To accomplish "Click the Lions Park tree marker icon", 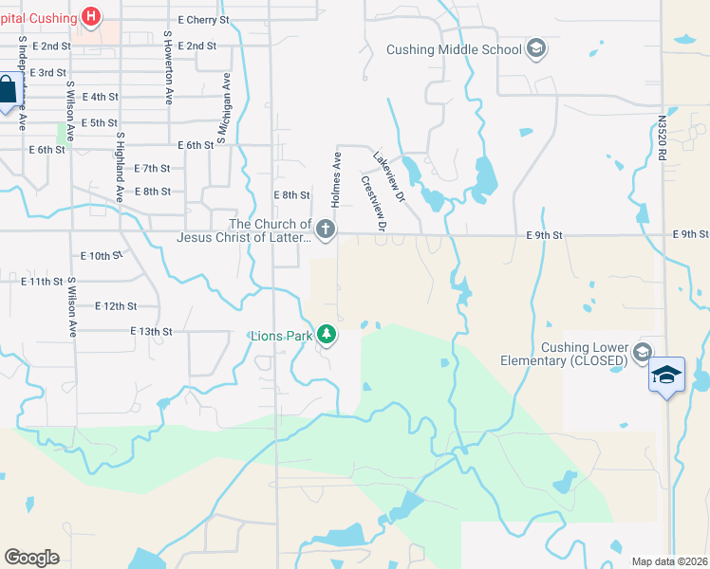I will (327, 334).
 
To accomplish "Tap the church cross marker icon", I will (325, 229).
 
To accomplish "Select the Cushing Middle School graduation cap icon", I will (535, 49).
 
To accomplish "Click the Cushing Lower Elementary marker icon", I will (642, 353).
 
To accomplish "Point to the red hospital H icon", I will (91, 15).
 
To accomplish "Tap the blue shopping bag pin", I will (7, 93).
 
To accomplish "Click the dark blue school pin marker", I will (666, 376).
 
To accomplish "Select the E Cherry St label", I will (203, 19).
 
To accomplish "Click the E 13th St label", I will (151, 332).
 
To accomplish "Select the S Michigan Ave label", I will (225, 109).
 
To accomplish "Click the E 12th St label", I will (117, 306).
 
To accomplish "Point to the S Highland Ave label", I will (120, 167).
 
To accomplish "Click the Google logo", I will (31, 558).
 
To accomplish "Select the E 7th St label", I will (152, 169).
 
